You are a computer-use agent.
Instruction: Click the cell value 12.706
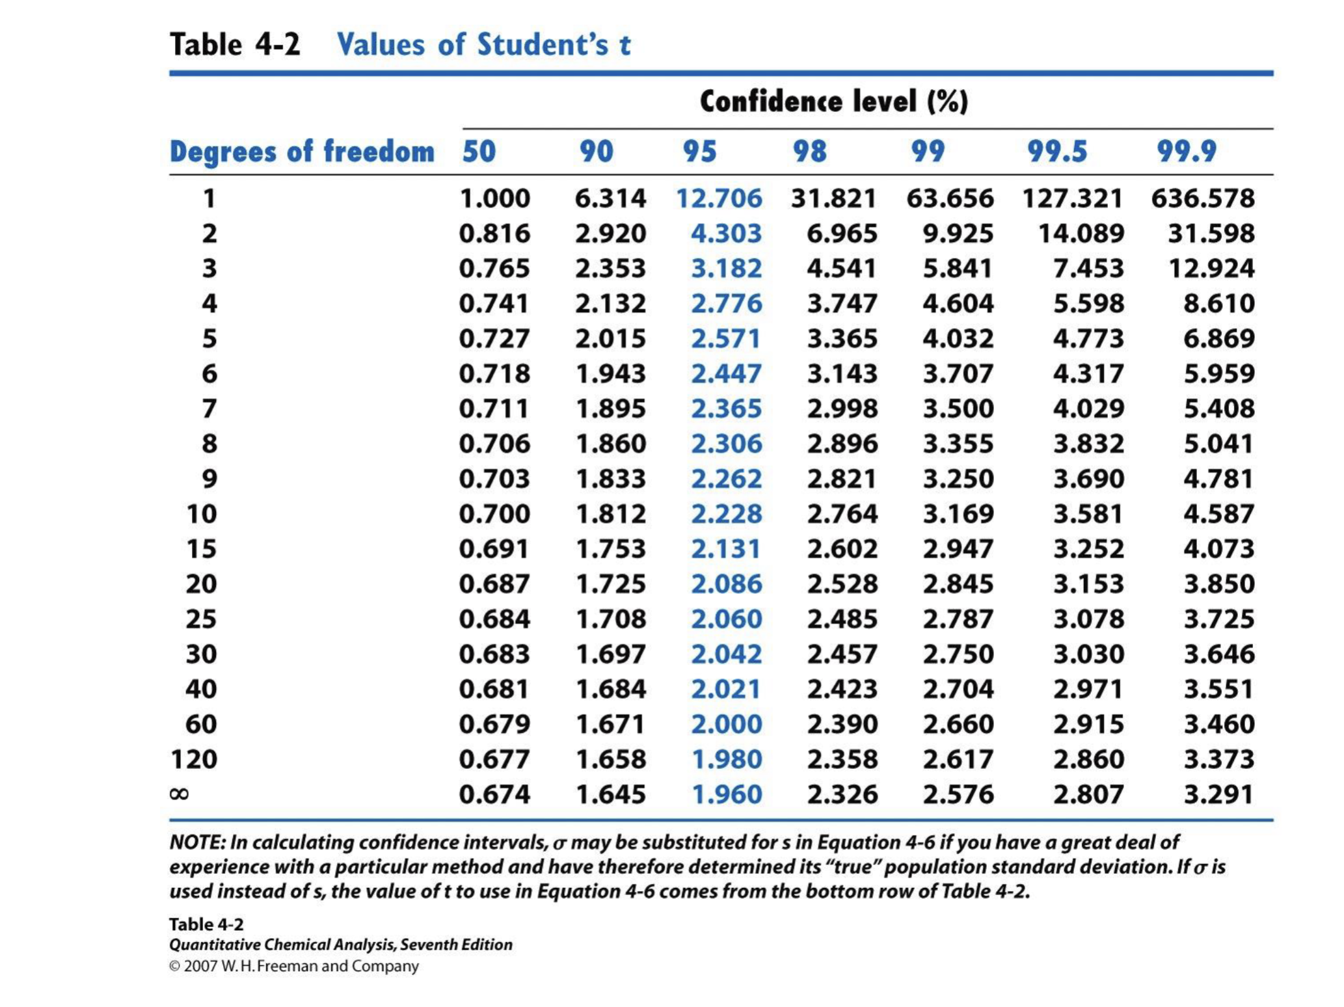(719, 198)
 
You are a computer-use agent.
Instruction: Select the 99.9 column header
(1187, 152)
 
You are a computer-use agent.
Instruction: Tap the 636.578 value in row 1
(1203, 198)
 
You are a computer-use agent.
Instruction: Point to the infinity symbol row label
(179, 794)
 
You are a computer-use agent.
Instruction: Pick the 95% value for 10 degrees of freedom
(726, 515)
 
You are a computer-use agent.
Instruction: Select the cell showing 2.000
(726, 724)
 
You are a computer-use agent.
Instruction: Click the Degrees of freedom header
(302, 152)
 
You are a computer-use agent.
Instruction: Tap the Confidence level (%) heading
(834, 101)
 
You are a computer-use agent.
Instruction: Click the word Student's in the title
(542, 45)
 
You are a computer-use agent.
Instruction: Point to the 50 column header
(479, 152)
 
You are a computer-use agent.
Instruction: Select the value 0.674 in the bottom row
(494, 794)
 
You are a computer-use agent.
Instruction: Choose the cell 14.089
(1081, 234)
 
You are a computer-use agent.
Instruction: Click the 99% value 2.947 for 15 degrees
(958, 549)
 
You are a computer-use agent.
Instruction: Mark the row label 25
(201, 619)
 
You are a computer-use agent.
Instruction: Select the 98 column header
(810, 152)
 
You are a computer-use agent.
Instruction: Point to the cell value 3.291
(1218, 794)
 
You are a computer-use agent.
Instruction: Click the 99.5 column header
(1057, 152)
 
